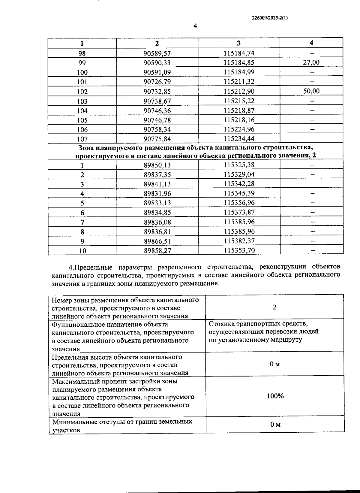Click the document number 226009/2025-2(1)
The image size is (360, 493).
pos(270,18)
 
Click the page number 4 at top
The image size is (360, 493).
pos(195,26)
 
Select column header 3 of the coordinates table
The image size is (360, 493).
pos(238,43)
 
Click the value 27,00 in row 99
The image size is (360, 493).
pos(311,62)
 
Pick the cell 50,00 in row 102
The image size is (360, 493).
pos(311,91)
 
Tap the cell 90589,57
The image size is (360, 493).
pos(157,53)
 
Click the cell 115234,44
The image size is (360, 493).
pos(239,139)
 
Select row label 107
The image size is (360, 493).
pos(82,139)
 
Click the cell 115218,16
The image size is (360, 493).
pos(239,120)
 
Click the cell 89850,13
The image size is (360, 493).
pos(157,165)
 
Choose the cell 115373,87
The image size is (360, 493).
pos(239,212)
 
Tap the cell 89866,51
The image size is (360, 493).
pos(157,241)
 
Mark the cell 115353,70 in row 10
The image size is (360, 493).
pos(239,250)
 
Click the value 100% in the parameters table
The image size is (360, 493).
pos(275,396)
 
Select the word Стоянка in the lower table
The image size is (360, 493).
pos(221,324)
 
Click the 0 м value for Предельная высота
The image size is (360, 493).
pos(274,364)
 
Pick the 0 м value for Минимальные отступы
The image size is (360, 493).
pos(275,425)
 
